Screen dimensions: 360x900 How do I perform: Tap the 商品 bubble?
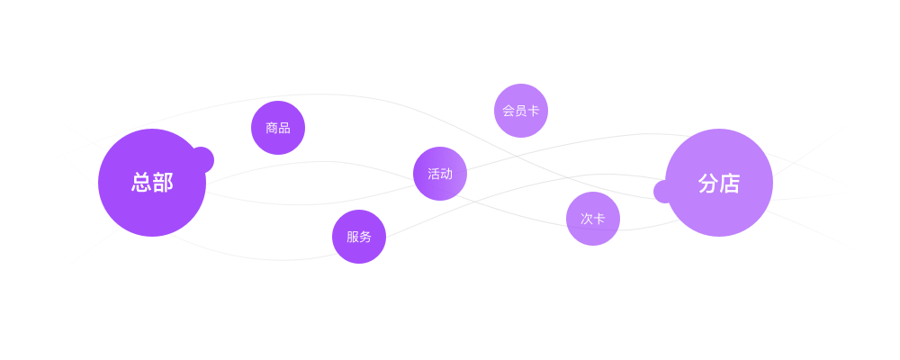point(278,128)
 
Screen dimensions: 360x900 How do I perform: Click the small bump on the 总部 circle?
point(204,159)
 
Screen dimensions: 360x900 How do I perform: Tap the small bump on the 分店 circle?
point(663,192)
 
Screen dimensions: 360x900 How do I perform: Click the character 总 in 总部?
point(141,183)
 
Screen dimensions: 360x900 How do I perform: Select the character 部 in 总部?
point(163,183)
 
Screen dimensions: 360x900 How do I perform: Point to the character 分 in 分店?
point(708,183)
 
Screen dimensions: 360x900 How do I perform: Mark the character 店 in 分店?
point(730,183)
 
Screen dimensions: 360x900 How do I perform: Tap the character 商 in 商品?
point(272,128)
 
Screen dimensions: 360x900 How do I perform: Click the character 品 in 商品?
point(284,128)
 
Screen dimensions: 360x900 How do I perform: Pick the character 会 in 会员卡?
point(508,111)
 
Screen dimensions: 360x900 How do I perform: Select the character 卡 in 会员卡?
point(534,111)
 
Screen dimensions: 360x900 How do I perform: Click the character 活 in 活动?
point(434,174)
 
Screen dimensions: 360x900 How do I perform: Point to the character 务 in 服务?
point(365,237)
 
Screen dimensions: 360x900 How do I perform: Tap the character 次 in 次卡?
point(587,219)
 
